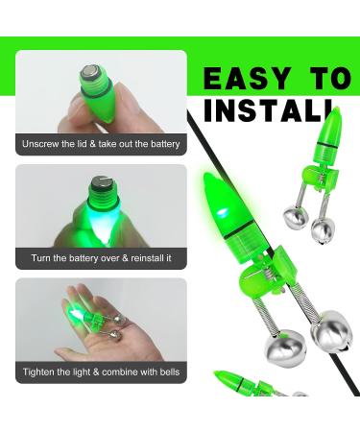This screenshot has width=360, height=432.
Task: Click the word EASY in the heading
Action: pos(247,79)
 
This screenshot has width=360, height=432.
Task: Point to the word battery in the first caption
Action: pos(165,144)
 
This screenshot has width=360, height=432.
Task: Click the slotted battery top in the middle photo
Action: pos(101,183)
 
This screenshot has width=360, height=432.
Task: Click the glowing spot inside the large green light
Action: pos(222,212)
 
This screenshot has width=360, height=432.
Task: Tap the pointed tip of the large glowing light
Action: pos(207,175)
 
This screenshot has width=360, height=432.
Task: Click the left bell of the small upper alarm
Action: pos(296,218)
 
